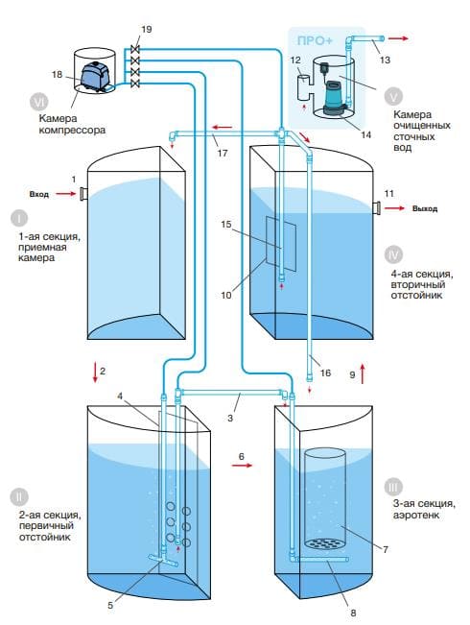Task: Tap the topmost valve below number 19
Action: coord(135,49)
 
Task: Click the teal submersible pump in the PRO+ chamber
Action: coord(333,97)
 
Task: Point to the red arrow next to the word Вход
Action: coord(66,194)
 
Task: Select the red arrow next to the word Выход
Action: coord(394,208)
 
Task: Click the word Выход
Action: coord(425,208)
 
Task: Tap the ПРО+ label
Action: coord(315,40)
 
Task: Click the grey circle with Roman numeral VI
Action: coord(39,102)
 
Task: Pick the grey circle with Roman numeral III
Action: coord(393,487)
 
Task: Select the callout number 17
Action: coord(223,153)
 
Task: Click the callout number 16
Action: coord(325,373)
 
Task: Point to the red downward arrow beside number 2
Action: coord(95,373)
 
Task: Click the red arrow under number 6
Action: coord(242,466)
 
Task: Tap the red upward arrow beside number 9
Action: coord(363,373)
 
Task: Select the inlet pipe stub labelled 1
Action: coord(83,194)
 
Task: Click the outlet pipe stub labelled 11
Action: coord(376,207)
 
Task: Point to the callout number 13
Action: coord(385,60)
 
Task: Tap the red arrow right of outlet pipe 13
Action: coord(398,38)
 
